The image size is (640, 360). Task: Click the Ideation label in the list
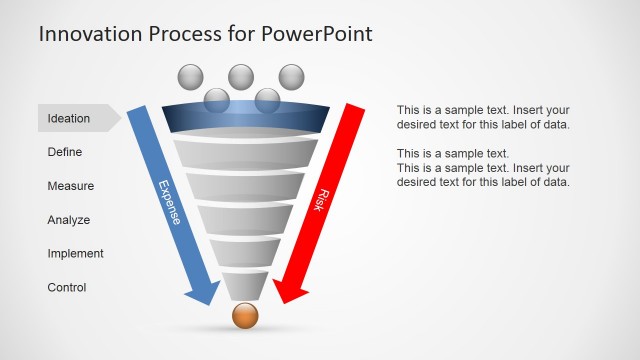coord(69,118)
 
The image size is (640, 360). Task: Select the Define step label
coord(65,152)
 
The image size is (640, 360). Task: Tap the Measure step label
coord(71,186)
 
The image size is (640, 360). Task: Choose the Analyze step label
coord(69,220)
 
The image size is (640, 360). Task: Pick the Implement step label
coord(75,254)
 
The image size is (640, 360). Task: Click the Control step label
coord(67,288)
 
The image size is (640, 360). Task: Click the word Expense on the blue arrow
coord(170,202)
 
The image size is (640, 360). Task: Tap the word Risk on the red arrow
coord(323,198)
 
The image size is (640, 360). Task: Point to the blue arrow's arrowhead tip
coord(208,302)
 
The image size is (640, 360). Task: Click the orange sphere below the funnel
coord(245,316)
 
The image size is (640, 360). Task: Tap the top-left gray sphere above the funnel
coord(190,76)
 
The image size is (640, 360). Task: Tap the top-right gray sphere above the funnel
coord(291,76)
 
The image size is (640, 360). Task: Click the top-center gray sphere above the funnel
coord(241,76)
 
